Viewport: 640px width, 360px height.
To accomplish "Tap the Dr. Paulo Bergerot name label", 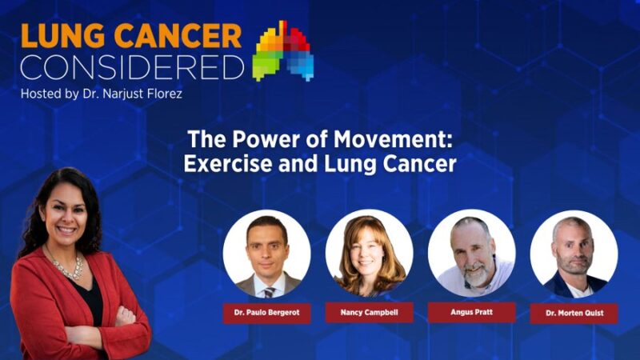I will [266, 312].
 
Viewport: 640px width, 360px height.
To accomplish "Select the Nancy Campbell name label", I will [369, 312].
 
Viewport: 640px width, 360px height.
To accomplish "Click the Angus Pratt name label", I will [471, 312].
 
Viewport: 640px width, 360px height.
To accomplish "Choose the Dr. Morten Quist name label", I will [574, 313].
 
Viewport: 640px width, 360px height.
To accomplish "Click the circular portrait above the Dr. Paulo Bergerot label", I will [266, 254].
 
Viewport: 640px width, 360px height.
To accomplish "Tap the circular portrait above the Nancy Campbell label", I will [369, 254].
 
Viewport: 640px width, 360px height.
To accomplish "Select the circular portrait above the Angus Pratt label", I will [471, 254].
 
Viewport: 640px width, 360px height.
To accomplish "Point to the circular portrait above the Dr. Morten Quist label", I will [574, 254].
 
